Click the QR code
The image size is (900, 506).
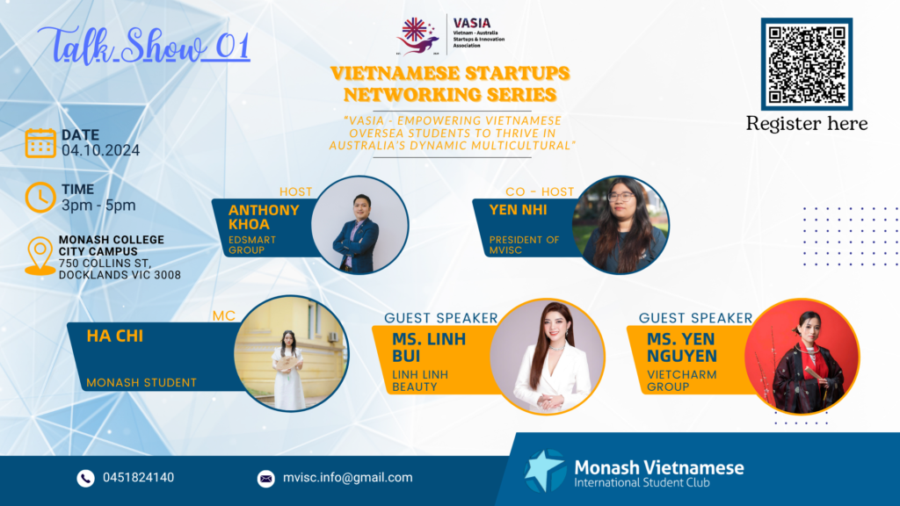[807, 63]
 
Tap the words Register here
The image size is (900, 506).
[807, 123]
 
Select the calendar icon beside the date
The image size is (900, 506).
[40, 143]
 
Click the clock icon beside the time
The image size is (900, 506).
[40, 198]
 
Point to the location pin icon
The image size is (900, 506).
[40, 256]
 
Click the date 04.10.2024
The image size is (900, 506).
[100, 150]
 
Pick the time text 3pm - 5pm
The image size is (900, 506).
[98, 206]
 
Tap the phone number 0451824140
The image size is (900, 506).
[138, 477]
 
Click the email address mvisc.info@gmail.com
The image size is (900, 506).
[348, 477]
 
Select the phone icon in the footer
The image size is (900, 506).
[85, 479]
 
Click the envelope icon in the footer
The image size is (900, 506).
[265, 479]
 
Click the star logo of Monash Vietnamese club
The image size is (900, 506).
[545, 471]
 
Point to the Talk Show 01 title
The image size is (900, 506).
[144, 44]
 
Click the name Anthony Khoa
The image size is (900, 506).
[264, 217]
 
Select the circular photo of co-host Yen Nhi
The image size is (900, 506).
[621, 225]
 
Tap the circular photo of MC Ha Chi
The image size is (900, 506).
[291, 353]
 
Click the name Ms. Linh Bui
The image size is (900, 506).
[429, 347]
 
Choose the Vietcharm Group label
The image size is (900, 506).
[682, 380]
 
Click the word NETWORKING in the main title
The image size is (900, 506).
[450, 95]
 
